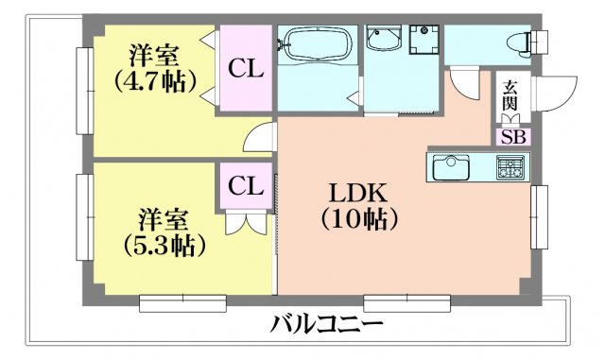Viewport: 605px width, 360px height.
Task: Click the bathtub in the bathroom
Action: click(x=316, y=43)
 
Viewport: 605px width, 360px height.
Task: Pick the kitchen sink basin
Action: click(x=452, y=169)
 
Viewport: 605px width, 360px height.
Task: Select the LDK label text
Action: click(x=358, y=194)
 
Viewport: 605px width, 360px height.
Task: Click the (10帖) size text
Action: click(x=358, y=219)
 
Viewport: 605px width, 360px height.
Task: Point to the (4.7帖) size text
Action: click(x=149, y=79)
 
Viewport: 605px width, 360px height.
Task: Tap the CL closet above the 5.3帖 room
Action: click(x=244, y=185)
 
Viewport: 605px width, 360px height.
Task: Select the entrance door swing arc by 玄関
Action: click(x=553, y=94)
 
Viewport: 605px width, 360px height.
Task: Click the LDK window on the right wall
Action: click(x=540, y=217)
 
